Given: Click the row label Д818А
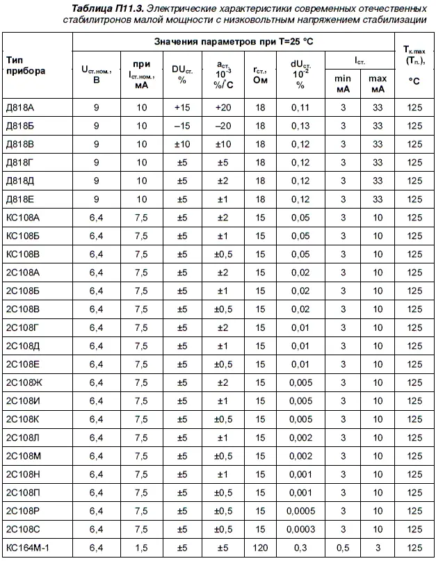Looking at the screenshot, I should tap(19, 108).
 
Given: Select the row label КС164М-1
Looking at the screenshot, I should tap(27, 548).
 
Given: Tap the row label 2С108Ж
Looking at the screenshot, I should tap(24, 382).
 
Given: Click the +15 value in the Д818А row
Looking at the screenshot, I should tap(182, 108).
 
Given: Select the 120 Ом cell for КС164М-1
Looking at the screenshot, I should tap(260, 548).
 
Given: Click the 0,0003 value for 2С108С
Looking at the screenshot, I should tap(300, 529).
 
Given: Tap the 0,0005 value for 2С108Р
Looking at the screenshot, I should tap(300, 511).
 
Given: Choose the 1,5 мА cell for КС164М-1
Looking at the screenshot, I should tap(142, 548).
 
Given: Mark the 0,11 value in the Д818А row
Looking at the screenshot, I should tap(300, 108).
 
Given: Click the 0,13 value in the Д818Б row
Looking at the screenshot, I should tap(300, 126).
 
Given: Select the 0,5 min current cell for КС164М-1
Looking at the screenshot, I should tap(343, 548).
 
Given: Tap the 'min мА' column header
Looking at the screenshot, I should tap(343, 83).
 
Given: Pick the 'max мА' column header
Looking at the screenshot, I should tap(378, 83).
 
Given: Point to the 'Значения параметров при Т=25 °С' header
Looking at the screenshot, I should tap(233, 42).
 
